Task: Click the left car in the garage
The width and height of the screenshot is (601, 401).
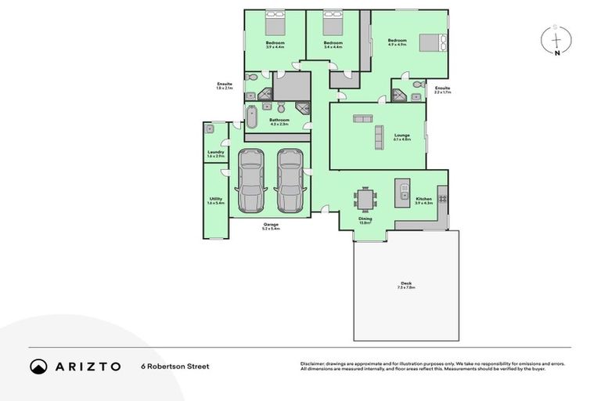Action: point(251,181)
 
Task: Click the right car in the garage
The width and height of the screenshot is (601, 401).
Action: point(290,181)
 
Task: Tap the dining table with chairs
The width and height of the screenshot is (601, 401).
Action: point(365,198)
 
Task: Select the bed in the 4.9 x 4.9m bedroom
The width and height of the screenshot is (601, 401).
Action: point(433,42)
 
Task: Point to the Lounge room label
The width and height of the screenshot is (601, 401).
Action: point(402,135)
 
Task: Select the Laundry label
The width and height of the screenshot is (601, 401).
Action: point(216,152)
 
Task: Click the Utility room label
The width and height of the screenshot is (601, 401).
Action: point(216,199)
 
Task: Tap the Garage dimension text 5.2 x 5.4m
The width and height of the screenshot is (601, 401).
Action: point(271,229)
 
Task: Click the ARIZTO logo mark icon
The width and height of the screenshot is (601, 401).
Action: point(38,366)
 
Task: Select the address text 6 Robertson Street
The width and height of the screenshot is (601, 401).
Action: point(175,366)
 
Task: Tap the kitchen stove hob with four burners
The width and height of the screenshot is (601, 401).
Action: point(442,197)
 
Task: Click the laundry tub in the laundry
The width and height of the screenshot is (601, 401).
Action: point(209,128)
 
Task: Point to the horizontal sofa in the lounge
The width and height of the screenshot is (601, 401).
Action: point(362,119)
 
